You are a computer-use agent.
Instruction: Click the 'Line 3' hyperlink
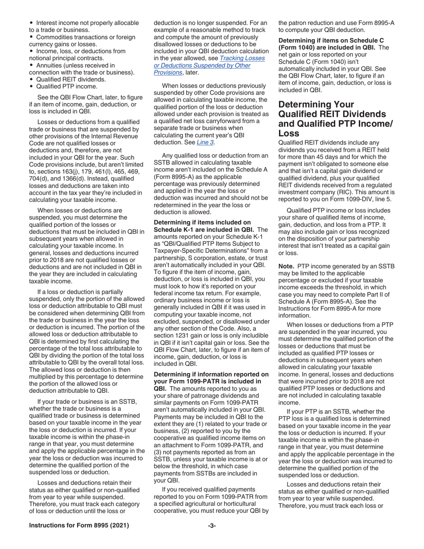coord(205,142)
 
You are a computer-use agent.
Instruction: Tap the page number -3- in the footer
coord(212,526)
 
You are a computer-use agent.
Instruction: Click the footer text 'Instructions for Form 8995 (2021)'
coord(79,526)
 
